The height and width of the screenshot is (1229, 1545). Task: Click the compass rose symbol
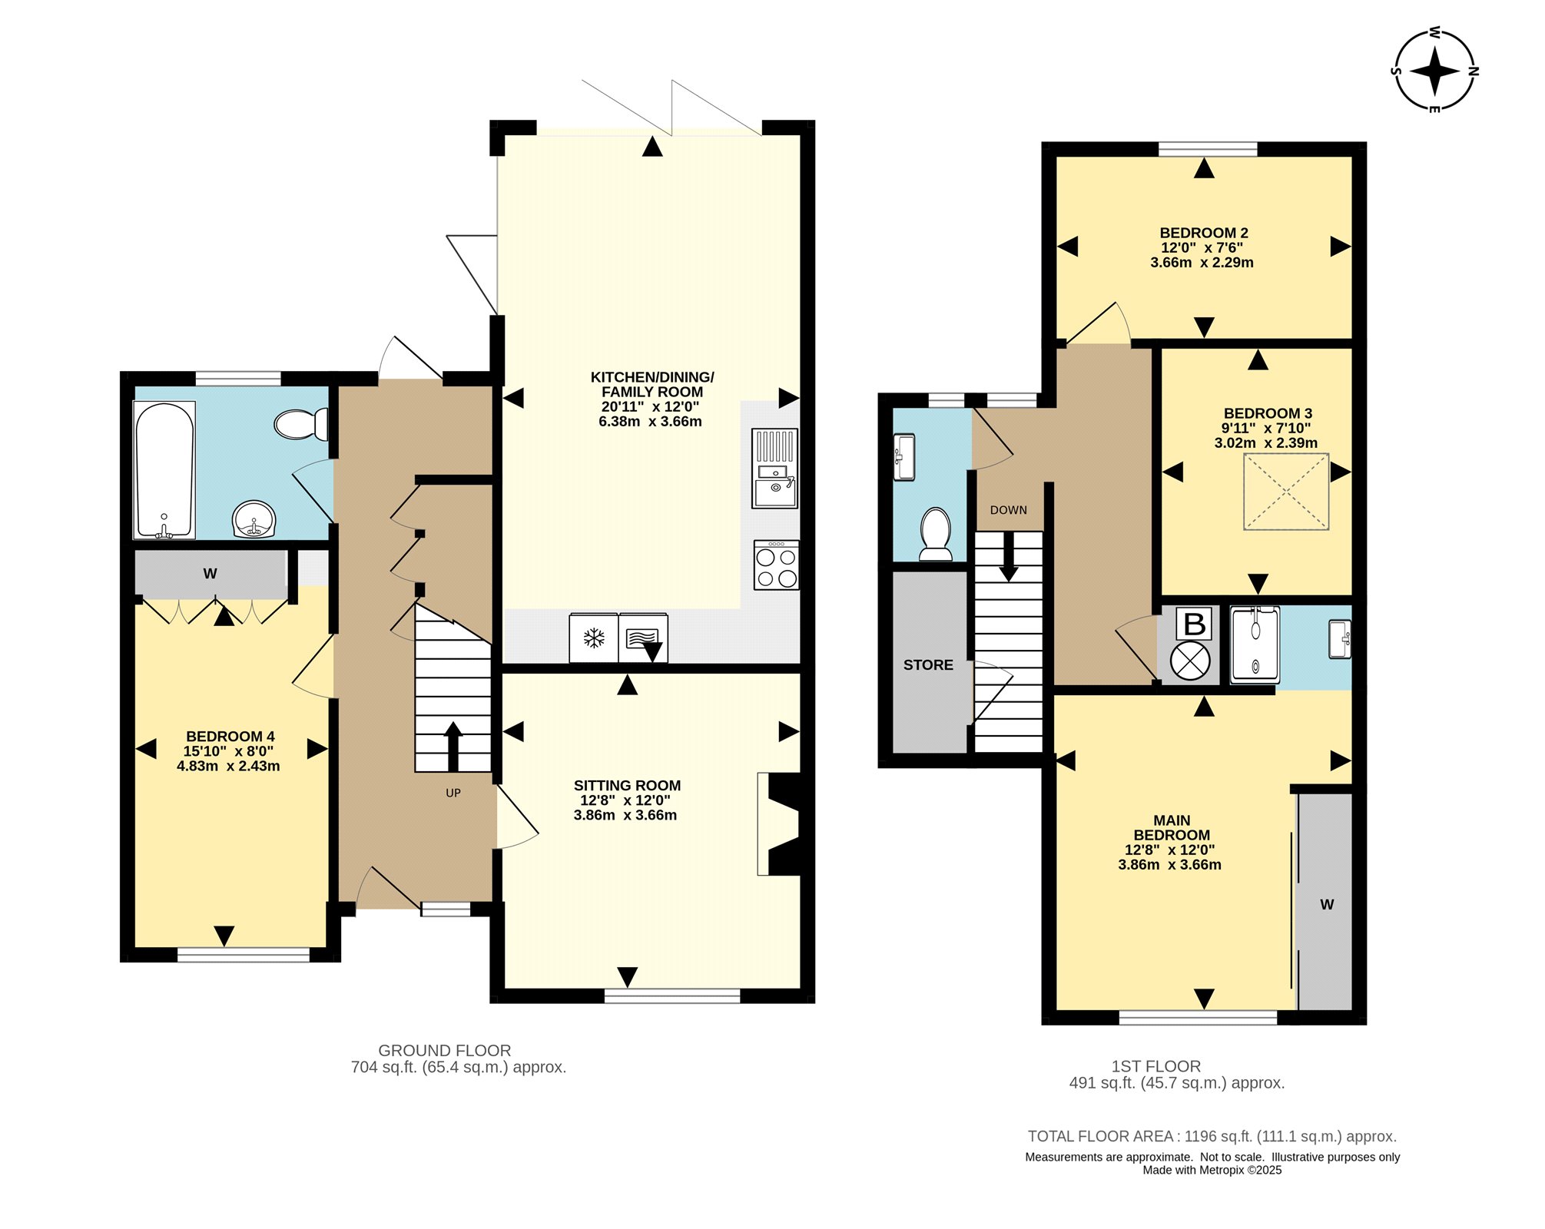tap(1435, 71)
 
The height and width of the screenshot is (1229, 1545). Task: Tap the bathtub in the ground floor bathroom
tap(164, 470)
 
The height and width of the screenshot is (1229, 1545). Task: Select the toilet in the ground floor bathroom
tap(301, 424)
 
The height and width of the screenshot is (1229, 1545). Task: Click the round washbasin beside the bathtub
tap(254, 520)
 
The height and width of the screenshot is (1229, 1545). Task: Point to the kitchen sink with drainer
tap(774, 468)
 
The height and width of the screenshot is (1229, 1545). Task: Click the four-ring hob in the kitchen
tap(776, 565)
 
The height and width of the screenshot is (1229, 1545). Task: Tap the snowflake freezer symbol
tap(594, 638)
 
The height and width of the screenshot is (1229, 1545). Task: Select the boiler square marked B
tap(1195, 624)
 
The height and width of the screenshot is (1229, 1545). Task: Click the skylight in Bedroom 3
tap(1286, 492)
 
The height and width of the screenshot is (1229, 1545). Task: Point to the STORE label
tap(928, 665)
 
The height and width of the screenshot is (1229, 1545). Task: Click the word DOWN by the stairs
tap(1008, 510)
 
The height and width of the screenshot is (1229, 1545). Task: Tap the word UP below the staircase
tap(453, 793)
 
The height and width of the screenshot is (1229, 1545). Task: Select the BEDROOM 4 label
tap(230, 737)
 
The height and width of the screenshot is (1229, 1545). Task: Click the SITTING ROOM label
tap(627, 786)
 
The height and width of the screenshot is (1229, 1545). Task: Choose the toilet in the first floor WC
tap(936, 534)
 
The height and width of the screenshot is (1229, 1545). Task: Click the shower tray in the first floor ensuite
tap(1255, 645)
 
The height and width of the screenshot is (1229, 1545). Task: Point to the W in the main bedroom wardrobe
tap(1327, 905)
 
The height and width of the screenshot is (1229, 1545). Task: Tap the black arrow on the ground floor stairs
tap(453, 746)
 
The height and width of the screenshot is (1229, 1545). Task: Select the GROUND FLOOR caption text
tap(444, 1051)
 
